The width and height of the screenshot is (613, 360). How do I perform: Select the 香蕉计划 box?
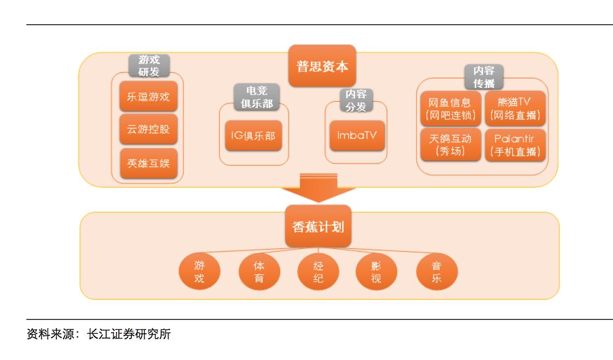click(317, 226)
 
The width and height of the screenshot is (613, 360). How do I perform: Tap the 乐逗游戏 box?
click(148, 97)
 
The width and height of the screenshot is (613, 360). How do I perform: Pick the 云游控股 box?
click(148, 130)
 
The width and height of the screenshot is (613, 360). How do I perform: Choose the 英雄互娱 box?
click(148, 162)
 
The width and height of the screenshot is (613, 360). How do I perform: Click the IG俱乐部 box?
click(253, 135)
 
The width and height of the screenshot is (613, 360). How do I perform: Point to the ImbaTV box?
click(357, 135)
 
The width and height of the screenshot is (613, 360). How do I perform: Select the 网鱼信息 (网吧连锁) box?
click(450, 109)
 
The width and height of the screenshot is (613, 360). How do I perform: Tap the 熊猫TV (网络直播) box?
click(515, 109)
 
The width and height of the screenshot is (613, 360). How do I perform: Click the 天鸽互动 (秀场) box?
click(450, 145)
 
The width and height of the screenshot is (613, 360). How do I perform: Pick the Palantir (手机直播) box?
click(515, 145)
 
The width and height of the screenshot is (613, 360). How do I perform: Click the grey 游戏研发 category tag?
click(148, 66)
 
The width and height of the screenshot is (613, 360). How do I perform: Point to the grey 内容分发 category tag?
click(356, 101)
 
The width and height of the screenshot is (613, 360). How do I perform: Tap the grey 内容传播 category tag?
click(484, 77)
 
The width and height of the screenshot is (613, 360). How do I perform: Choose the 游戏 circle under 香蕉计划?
click(199, 272)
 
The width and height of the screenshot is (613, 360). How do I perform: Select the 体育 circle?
click(259, 272)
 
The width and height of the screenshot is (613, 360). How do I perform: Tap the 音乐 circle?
click(436, 272)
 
